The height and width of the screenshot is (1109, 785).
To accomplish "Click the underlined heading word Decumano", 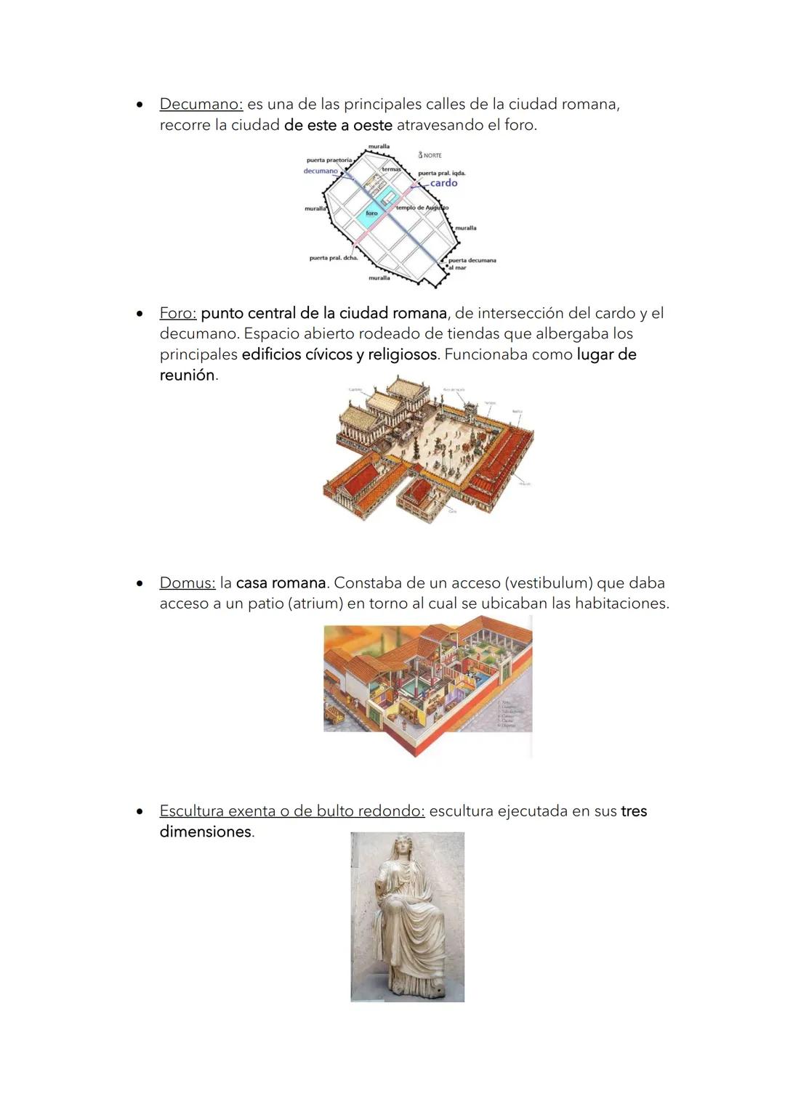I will point(201,104).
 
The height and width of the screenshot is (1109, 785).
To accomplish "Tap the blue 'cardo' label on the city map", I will point(443,183).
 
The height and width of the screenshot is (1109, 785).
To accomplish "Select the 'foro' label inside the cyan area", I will point(371,213).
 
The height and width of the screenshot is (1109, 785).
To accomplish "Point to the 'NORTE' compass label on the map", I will point(432,155).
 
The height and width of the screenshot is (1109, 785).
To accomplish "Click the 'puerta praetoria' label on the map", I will point(329,160).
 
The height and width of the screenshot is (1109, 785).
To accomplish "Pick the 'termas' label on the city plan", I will point(391,169).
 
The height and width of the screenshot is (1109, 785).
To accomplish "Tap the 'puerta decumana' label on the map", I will point(472,260).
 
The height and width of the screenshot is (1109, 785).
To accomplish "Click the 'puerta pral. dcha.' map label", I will point(334,258).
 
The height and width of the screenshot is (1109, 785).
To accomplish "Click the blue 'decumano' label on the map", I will point(321,171).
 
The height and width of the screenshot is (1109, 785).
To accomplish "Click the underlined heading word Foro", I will point(178,313).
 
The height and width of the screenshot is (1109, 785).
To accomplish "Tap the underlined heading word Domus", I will point(188,583).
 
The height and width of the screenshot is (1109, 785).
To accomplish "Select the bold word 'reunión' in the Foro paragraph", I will point(188,375).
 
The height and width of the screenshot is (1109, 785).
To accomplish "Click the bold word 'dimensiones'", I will point(205,832).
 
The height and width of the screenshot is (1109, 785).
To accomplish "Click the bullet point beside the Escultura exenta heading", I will point(139,811).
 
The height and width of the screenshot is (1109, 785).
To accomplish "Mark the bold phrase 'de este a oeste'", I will point(338,125).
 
